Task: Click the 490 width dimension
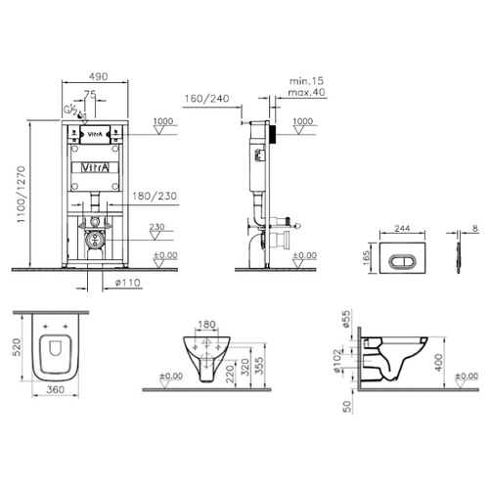click(99, 76)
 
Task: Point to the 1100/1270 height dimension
click(22, 195)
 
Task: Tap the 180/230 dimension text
click(155, 196)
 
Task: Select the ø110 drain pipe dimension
click(128, 283)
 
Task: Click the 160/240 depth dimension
click(207, 98)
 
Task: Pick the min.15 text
click(307, 81)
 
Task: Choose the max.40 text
click(307, 92)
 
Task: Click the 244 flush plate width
click(402, 228)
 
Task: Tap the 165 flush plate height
click(367, 258)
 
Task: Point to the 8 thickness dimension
click(475, 228)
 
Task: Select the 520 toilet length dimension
click(17, 347)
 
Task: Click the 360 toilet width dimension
click(56, 389)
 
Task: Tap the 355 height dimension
click(259, 366)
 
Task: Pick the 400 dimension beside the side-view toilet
click(439, 362)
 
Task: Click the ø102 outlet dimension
click(337, 361)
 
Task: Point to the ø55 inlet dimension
click(346, 319)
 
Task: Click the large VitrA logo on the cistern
click(95, 167)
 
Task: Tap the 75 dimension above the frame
click(90, 94)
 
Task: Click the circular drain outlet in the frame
click(94, 240)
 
